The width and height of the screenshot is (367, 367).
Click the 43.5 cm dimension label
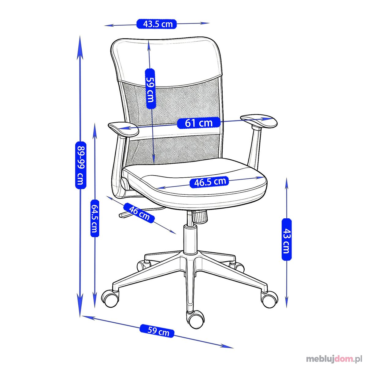pyautogui.click(x=157, y=24)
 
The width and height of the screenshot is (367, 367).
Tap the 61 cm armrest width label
pyautogui.click(x=199, y=123)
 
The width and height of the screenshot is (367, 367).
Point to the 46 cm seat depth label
pyautogui.click(x=139, y=213)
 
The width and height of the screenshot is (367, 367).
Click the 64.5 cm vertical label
pyautogui.click(x=95, y=218)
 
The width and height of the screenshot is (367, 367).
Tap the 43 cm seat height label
pyautogui.click(x=287, y=239)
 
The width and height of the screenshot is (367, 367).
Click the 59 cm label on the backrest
pyautogui.click(x=150, y=89)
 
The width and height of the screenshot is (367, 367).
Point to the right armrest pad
pyautogui.click(x=259, y=121)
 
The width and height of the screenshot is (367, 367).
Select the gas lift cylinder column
pyautogui.click(x=190, y=239)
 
